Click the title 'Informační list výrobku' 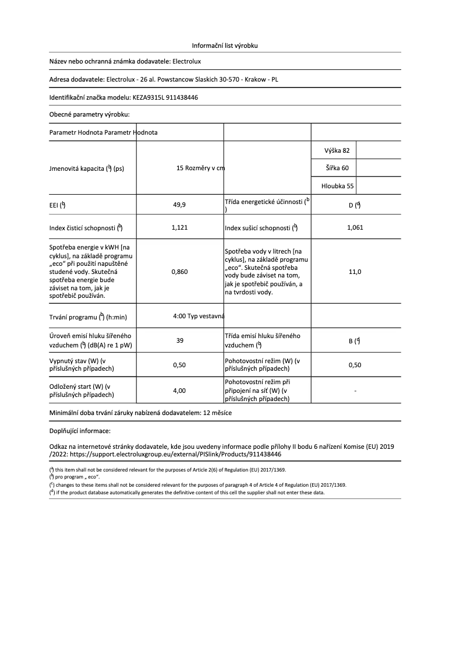click(x=225, y=45)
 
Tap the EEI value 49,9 click(x=179, y=205)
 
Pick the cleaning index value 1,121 click(x=179, y=227)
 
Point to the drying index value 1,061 click(x=355, y=227)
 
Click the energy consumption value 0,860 click(x=179, y=272)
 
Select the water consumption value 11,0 click(x=355, y=272)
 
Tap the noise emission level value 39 click(x=179, y=340)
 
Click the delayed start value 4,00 click(x=179, y=391)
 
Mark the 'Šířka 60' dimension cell click(x=337, y=168)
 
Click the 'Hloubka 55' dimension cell click(x=337, y=187)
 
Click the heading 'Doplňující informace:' click(x=80, y=431)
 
